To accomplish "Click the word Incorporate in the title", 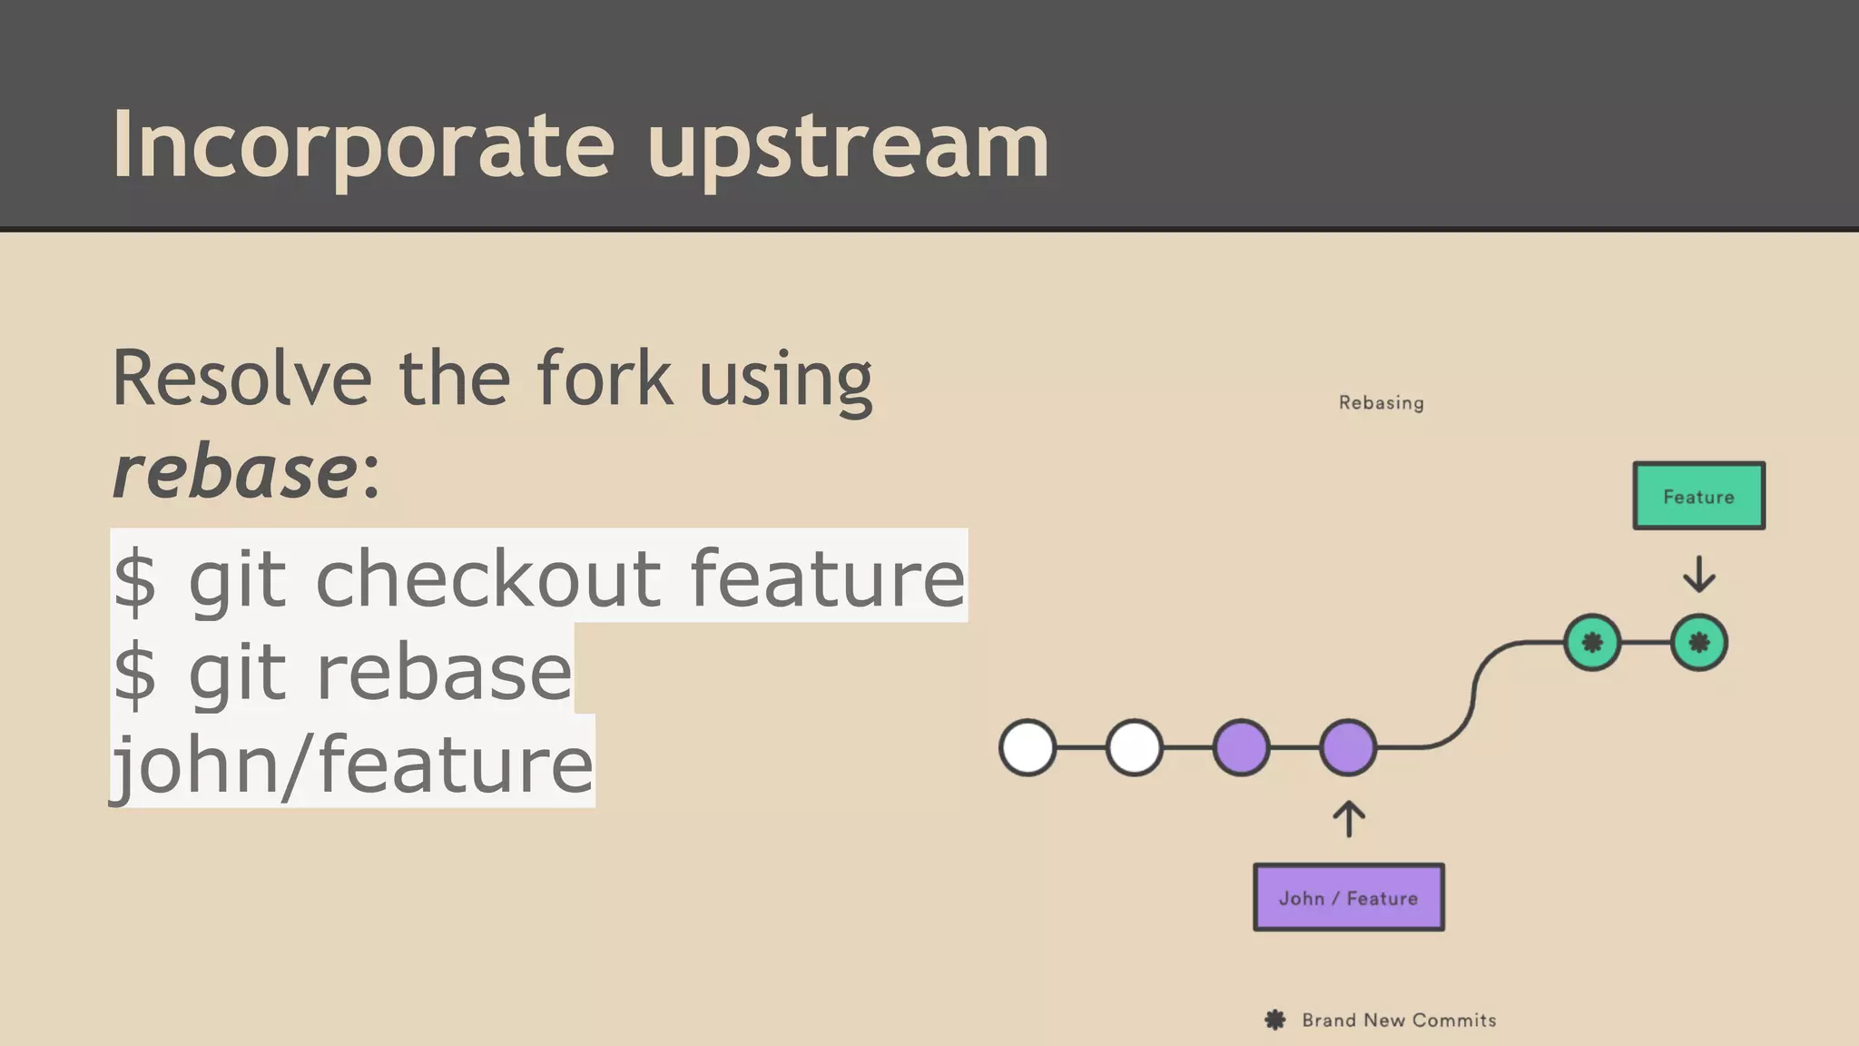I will click(363, 145).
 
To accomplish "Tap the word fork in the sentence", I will click(605, 379).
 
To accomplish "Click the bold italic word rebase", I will click(234, 472).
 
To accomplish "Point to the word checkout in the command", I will click(488, 577).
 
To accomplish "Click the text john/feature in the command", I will click(352, 764).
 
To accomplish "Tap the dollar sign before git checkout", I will click(135, 579).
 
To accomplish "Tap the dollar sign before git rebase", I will click(135, 673).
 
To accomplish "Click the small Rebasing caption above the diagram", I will click(1381, 403).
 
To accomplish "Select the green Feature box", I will click(1698, 496).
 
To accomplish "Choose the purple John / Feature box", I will click(1348, 897).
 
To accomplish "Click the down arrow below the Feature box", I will click(1698, 574).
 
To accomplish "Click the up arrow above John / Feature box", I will click(1349, 818).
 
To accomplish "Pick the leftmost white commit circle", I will click(1028, 747).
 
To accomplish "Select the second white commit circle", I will click(1134, 747).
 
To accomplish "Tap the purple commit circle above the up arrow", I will click(1348, 747).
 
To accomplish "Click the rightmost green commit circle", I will click(1698, 643).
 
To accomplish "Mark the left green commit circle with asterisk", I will click(1592, 643).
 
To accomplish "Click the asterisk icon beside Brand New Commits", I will click(1274, 1020).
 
